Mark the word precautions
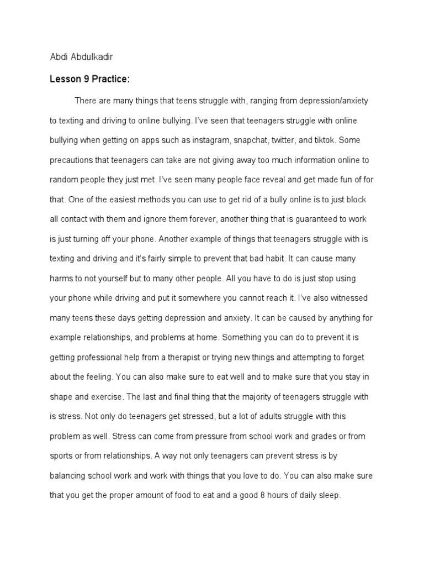73,160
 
